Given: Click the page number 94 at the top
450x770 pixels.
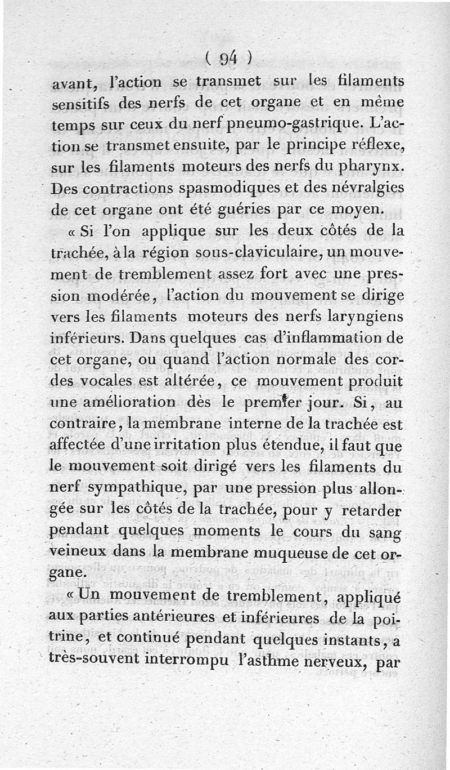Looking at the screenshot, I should click(227, 57).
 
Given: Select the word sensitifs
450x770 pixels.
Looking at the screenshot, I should click(81, 105).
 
